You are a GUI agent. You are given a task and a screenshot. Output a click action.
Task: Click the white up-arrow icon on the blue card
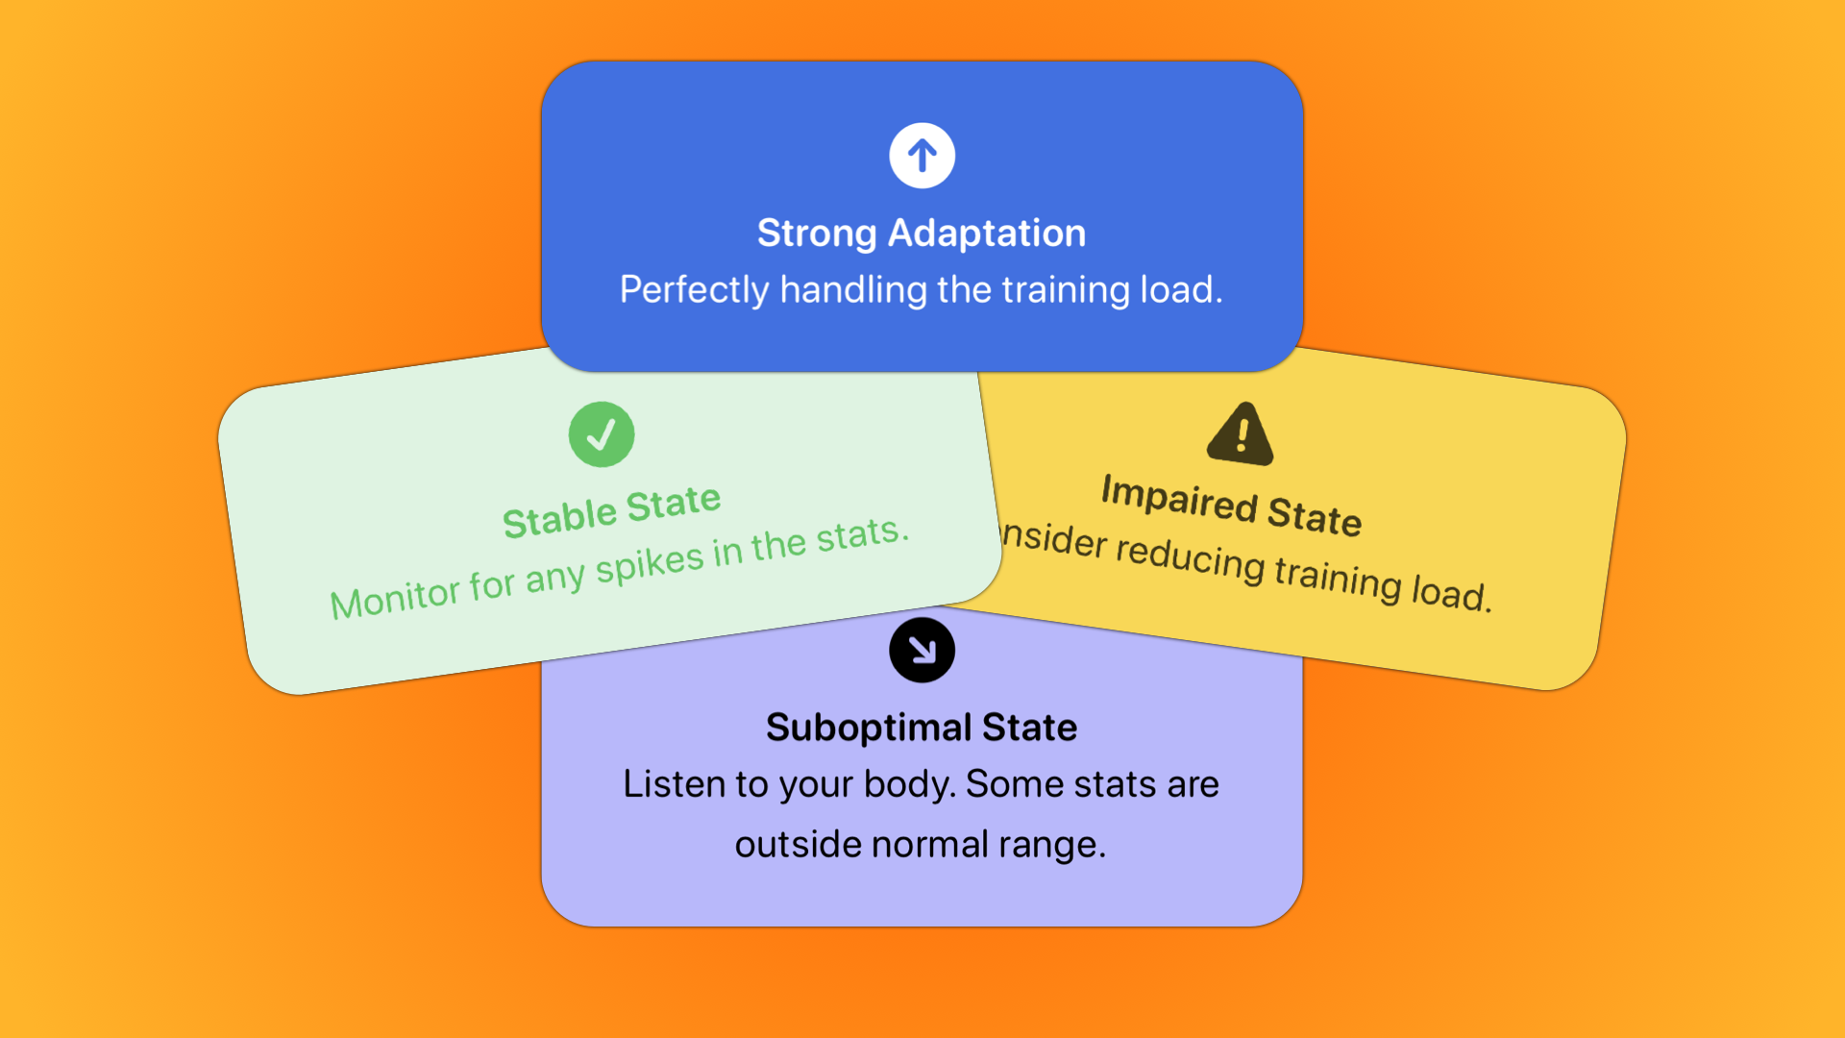(x=922, y=156)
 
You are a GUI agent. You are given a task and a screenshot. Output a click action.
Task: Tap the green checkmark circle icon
(x=602, y=434)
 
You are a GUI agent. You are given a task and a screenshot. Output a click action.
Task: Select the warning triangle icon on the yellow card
(x=1241, y=434)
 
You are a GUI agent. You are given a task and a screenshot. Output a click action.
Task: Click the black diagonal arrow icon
(x=922, y=651)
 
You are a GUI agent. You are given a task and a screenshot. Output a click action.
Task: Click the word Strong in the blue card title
(x=817, y=234)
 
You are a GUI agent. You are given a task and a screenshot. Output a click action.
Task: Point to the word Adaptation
(x=987, y=234)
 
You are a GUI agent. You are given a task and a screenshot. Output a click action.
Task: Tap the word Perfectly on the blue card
(x=694, y=290)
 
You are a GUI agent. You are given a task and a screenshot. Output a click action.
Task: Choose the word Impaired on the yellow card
(x=1179, y=498)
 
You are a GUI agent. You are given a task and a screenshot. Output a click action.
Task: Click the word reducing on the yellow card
(x=1190, y=559)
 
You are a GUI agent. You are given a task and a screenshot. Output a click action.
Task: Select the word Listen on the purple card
(x=674, y=784)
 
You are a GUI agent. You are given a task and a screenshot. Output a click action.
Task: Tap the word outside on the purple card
(x=798, y=845)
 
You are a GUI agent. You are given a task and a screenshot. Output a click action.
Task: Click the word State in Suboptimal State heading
(x=1029, y=728)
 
